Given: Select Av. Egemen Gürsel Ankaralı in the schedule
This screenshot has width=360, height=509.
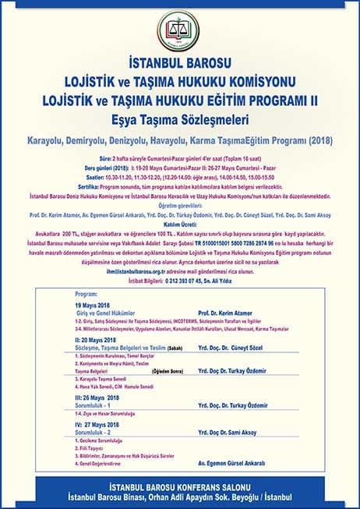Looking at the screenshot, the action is click(251, 465).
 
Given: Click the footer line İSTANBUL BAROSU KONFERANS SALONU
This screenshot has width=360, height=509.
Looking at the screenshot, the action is click(180, 488).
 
